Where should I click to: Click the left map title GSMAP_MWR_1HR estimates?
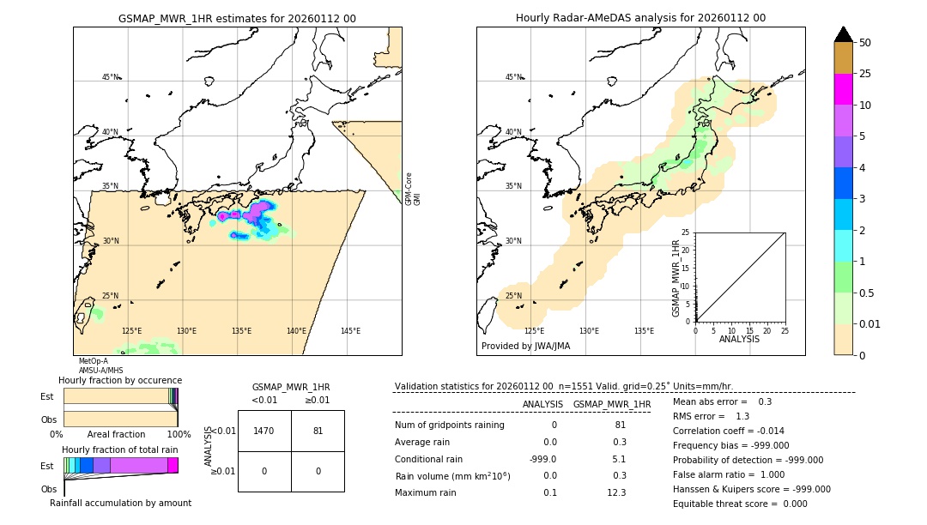[237, 18]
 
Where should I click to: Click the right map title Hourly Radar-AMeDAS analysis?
[640, 18]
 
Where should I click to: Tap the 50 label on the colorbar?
[865, 43]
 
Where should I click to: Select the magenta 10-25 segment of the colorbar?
[843, 89]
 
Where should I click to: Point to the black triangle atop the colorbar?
[843, 34]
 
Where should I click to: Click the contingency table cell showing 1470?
[264, 431]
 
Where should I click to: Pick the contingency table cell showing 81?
[318, 431]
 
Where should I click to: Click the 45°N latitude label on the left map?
[111, 77]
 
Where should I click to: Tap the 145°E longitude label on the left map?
[350, 331]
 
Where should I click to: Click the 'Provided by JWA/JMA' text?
[525, 347]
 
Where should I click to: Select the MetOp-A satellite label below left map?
[93, 361]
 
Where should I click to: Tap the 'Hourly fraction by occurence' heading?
[120, 380]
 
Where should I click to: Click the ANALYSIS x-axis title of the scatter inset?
[739, 339]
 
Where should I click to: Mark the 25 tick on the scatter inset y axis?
[687, 232]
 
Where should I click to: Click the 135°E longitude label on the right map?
[644, 331]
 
